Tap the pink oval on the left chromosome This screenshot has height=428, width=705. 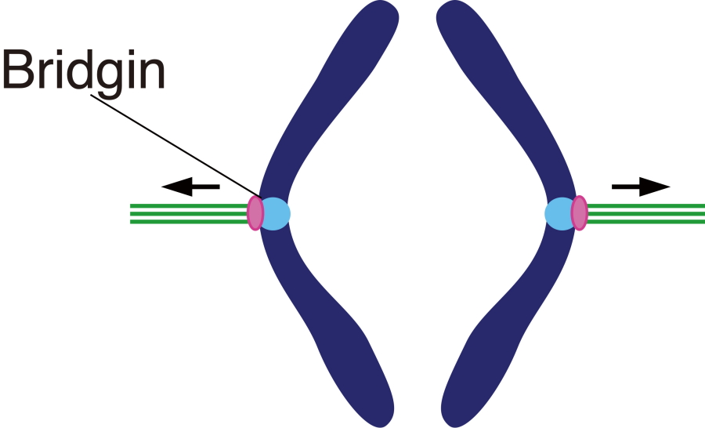pyautogui.click(x=255, y=212)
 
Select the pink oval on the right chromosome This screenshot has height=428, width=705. pyautogui.click(x=579, y=212)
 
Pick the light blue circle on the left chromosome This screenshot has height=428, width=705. pyautogui.click(x=276, y=213)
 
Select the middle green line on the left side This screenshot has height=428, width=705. pyautogui.click(x=188, y=213)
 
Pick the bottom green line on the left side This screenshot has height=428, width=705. pyautogui.click(x=188, y=221)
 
